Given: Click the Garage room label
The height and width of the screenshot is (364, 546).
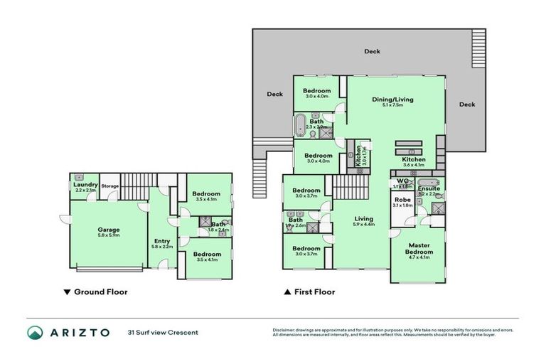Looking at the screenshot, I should click(108, 230).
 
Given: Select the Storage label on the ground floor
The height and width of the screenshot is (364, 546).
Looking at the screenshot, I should click(109, 186).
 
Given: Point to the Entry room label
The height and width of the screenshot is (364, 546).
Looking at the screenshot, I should click(161, 242).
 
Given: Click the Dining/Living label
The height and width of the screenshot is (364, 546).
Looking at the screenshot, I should click(392, 100).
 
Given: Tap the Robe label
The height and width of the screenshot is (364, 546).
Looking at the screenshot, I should click(402, 200).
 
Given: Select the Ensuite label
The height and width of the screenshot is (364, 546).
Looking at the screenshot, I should click(429, 189).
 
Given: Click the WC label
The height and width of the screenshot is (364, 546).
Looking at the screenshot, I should click(402, 182).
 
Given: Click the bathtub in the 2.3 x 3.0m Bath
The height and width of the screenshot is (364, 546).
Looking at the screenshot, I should click(299, 124).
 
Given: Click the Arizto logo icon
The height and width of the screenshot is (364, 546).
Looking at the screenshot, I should click(36, 333).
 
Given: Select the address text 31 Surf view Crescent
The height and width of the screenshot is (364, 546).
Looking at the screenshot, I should click(162, 333).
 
